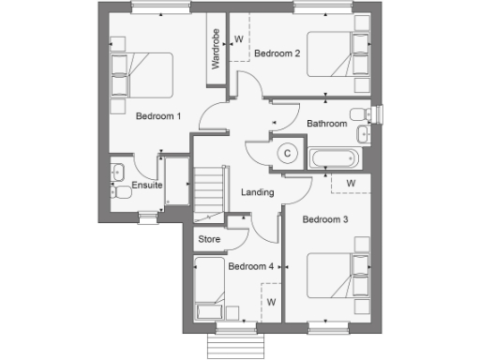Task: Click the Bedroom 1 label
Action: pyautogui.click(x=158, y=116)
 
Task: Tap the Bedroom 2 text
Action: pyautogui.click(x=277, y=53)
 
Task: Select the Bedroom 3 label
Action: pyautogui.click(x=325, y=219)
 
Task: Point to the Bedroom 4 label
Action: pyautogui.click(x=250, y=266)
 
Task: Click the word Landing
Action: pyautogui.click(x=258, y=192)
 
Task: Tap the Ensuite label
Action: pyautogui.click(x=147, y=186)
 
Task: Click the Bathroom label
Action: pyautogui.click(x=327, y=124)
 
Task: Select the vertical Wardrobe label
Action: pyautogui.click(x=215, y=49)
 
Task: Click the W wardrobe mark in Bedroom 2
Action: pyautogui.click(x=238, y=40)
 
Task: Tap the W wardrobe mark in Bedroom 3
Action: pyautogui.click(x=351, y=182)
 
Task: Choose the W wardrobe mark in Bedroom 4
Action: pyautogui.click(x=270, y=302)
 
